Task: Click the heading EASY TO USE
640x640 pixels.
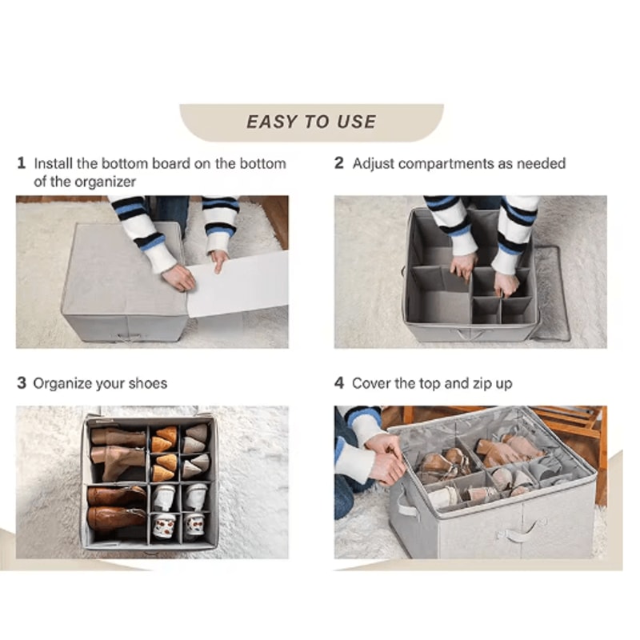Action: pyautogui.click(x=311, y=122)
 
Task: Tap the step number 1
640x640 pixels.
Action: pyautogui.click(x=22, y=163)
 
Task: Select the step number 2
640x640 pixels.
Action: pyautogui.click(x=339, y=163)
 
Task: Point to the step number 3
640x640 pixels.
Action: pyautogui.click(x=22, y=383)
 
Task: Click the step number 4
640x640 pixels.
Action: pyautogui.click(x=339, y=383)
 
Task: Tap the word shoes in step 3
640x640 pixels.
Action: pyautogui.click(x=147, y=383)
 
